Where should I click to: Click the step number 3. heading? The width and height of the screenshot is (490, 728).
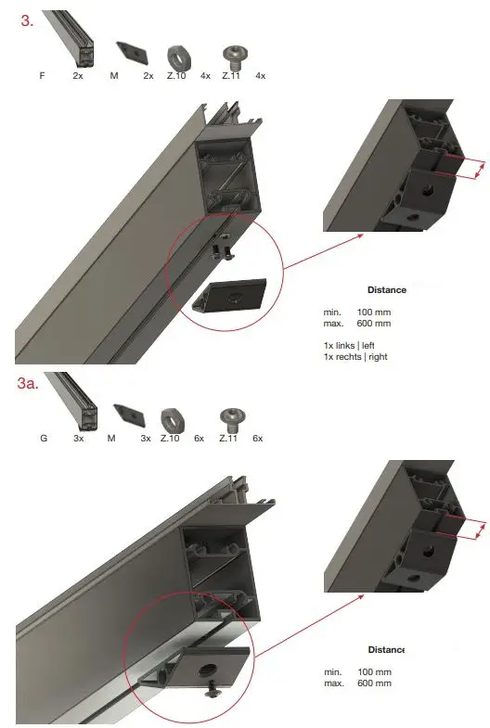27,20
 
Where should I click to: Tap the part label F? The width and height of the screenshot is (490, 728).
42,75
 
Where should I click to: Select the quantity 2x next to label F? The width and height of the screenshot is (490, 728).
78,75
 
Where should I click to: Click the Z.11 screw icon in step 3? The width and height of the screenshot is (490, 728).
234,55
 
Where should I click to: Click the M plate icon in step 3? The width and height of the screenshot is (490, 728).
129,52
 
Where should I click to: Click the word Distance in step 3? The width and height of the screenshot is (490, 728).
387,290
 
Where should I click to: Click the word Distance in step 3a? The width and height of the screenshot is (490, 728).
387,649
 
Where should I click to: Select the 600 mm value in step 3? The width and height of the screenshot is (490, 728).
374,324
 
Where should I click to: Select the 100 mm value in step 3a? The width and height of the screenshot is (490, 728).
374,671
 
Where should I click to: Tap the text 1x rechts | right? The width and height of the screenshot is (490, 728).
355,357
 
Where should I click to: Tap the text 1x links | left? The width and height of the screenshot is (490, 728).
349,345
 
